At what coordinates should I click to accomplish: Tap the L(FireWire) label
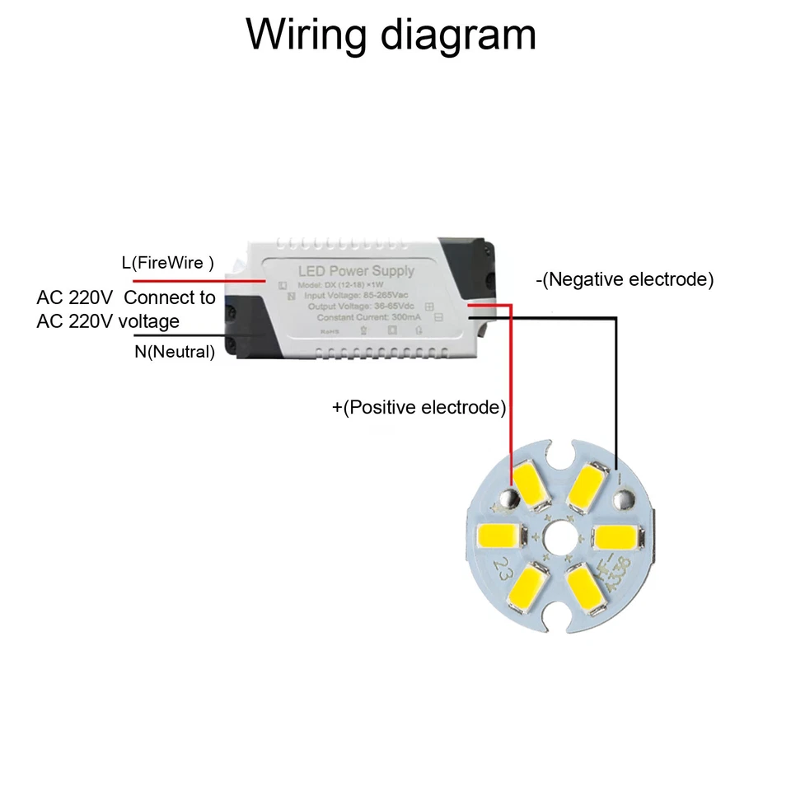[x=167, y=263]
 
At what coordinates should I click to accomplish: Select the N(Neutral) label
[x=175, y=353]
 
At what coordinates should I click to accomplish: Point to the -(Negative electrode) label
[x=625, y=279]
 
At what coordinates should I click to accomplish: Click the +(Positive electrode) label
[x=419, y=407]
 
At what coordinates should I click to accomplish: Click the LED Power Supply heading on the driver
[x=356, y=271]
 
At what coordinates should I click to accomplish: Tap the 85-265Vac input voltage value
[x=386, y=294]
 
